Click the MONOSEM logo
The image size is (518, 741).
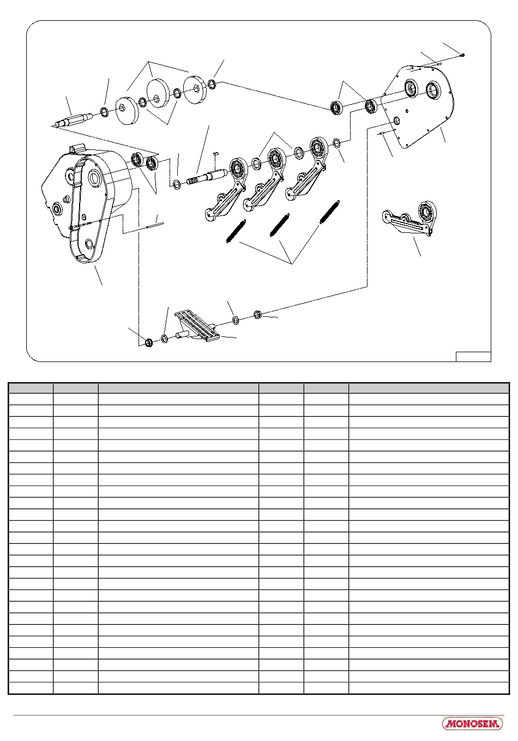pyautogui.click(x=472, y=723)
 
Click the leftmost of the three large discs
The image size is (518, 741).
pyautogui.click(x=127, y=111)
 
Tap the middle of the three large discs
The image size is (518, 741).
pyautogui.click(x=158, y=93)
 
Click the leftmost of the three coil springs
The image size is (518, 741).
pyautogui.click(x=236, y=231)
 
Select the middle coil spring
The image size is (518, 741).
pyautogui.click(x=280, y=225)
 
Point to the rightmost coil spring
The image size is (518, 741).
pyautogui.click(x=330, y=212)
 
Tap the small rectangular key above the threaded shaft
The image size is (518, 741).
pyautogui.click(x=216, y=153)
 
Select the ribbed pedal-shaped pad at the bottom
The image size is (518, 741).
pyautogui.click(x=197, y=326)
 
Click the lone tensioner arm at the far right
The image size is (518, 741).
pyautogui.click(x=409, y=218)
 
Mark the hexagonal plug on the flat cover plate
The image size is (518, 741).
pyautogui.click(x=396, y=119)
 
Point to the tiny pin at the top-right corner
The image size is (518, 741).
pyautogui.click(x=463, y=55)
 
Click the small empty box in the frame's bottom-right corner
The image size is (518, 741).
pyautogui.click(x=473, y=357)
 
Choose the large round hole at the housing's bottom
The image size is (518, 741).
pyautogui.click(x=89, y=244)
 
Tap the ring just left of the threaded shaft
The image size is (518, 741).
pyautogui.click(x=177, y=183)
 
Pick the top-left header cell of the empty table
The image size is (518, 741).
pyautogui.click(x=31, y=388)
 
